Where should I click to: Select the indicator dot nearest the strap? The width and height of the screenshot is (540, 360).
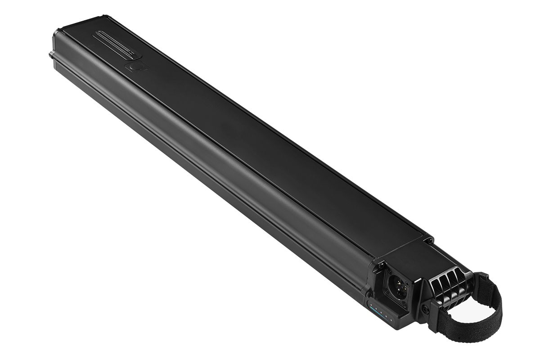tap(391, 320)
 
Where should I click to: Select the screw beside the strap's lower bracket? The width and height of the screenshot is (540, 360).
tap(424, 310)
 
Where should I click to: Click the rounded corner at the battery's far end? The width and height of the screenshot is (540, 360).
tap(56, 34)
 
